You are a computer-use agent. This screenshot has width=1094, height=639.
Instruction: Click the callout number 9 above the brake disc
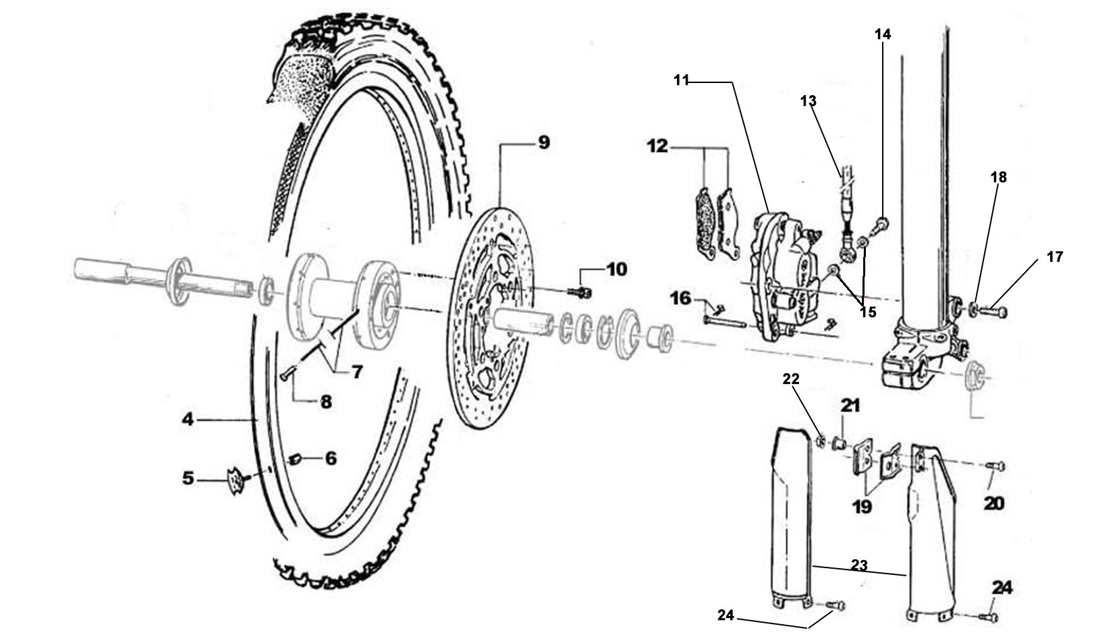pos(543,143)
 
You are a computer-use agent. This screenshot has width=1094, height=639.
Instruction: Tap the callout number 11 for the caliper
pos(681,80)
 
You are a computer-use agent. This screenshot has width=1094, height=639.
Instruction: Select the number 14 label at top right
pos(883,34)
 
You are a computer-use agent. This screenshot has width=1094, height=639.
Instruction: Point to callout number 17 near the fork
pos(1055,257)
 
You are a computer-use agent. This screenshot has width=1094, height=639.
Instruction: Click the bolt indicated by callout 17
pos(993,312)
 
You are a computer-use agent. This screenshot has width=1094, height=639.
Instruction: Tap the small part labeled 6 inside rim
pos(294,460)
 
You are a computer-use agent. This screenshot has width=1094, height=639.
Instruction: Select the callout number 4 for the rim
pos(187,420)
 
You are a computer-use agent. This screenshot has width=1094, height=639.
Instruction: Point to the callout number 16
pos(682,298)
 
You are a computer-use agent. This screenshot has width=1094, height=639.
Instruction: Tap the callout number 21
pos(851,406)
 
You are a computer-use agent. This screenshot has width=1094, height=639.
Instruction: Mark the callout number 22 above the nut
pos(790,379)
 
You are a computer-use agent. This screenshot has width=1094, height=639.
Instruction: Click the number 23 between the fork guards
pos(858,565)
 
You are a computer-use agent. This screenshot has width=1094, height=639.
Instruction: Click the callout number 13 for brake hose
pos(809,101)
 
